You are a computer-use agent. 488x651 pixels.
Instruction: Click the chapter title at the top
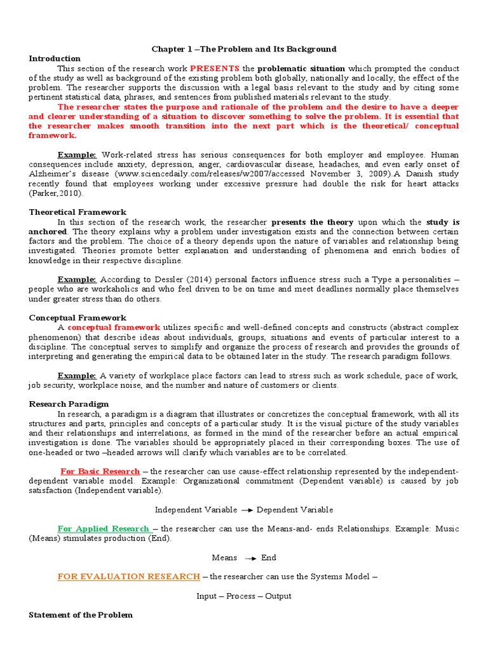[243, 49]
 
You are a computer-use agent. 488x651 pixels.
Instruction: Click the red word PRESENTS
[214, 68]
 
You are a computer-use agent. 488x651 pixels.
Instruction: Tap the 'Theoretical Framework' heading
[78, 212]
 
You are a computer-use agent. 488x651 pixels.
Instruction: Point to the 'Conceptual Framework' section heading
[78, 317]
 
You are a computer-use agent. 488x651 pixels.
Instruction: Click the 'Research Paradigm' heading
[69, 404]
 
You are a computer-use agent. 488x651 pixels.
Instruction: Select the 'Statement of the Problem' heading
[81, 615]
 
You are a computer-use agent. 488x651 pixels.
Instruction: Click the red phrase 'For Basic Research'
[100, 471]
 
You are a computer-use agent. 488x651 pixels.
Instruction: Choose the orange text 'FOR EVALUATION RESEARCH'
[128, 576]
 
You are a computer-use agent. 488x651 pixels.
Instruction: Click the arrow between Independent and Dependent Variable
[247, 510]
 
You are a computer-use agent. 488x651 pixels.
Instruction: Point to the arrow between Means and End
[250, 558]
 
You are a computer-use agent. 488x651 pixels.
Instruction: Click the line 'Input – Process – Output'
[244, 596]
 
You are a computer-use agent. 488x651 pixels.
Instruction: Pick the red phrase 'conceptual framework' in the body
[114, 327]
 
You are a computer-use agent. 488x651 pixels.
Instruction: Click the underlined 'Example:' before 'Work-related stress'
[77, 154]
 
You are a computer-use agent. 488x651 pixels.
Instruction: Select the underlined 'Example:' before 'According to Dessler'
[77, 279]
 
